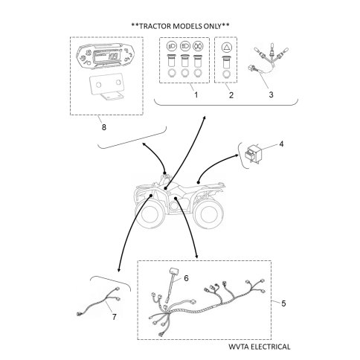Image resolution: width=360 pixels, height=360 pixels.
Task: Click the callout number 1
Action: point(196,94)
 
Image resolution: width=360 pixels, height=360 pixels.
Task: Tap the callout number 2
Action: point(231,95)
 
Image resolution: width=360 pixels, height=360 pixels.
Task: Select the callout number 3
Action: point(271,94)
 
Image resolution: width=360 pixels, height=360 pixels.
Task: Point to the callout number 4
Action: point(281,144)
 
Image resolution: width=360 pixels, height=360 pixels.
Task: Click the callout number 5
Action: point(283,303)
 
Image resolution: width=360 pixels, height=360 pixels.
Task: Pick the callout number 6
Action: point(186,278)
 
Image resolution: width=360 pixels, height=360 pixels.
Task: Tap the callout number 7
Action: point(114,317)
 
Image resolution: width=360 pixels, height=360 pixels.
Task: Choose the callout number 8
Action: point(104,127)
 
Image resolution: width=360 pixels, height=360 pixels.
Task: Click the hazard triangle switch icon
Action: point(226,47)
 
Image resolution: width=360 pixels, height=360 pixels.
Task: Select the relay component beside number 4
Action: point(252,153)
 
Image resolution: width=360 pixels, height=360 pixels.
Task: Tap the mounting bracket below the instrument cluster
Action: point(106,87)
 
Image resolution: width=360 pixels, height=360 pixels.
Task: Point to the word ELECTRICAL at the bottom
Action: point(271,347)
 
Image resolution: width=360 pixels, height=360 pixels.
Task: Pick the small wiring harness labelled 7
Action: point(99,302)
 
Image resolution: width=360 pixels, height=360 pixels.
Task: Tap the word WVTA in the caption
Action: point(239,347)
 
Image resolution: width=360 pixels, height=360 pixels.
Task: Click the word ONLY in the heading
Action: point(212,26)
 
